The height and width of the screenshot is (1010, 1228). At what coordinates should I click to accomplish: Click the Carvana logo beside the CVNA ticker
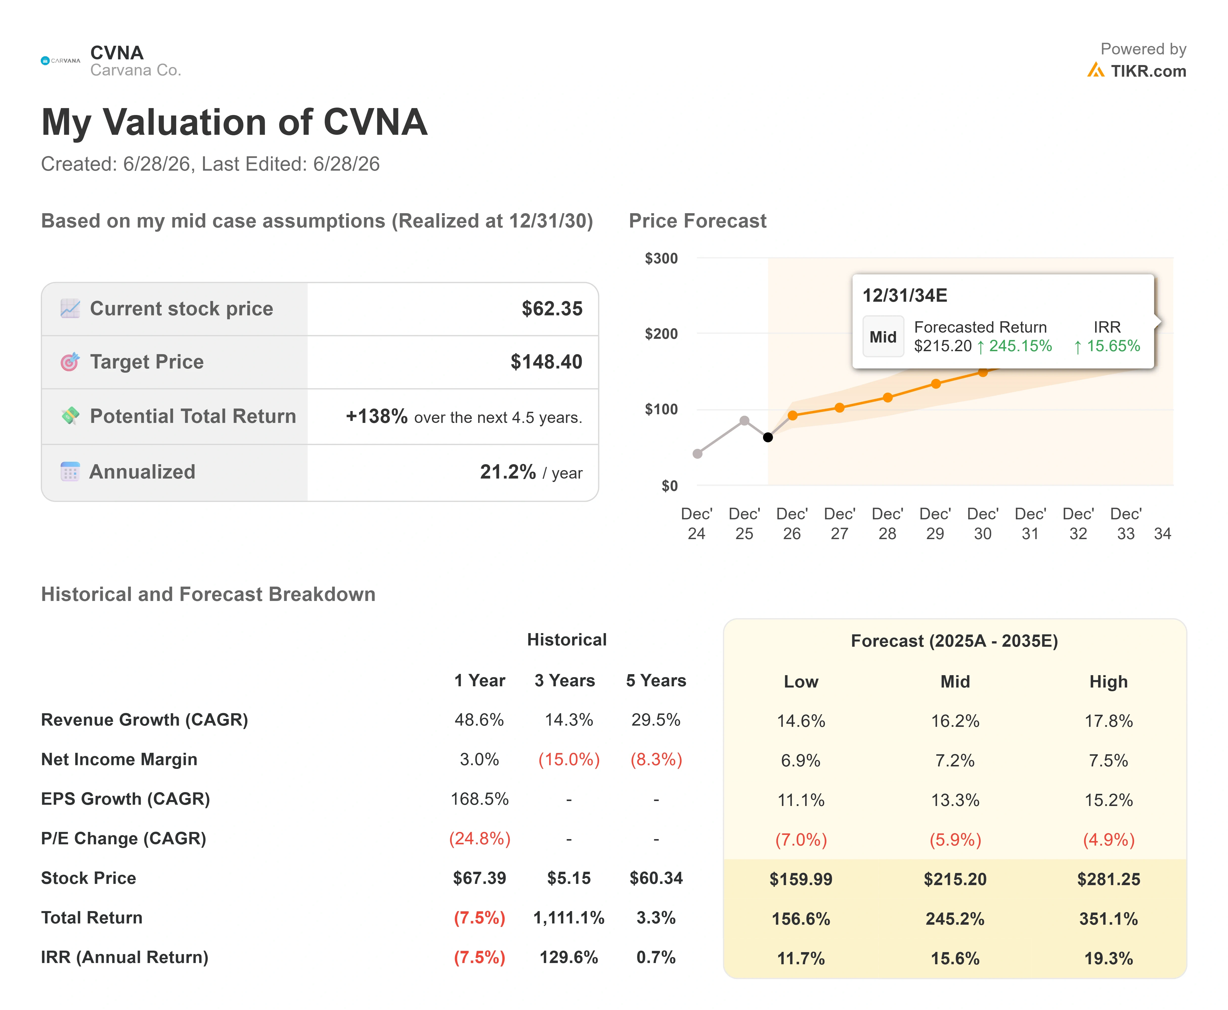tap(61, 61)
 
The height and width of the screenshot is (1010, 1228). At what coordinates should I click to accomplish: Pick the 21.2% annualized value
tap(508, 472)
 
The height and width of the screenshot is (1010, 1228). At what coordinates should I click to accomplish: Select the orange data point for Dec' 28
tap(887, 397)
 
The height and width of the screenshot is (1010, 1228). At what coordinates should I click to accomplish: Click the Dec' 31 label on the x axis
tap(1030, 524)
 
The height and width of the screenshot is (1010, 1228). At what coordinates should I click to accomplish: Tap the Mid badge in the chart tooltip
tap(883, 337)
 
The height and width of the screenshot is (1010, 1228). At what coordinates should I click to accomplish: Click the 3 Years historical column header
tap(565, 681)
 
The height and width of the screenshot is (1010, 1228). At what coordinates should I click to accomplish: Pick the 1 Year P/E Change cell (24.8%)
tap(480, 838)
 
